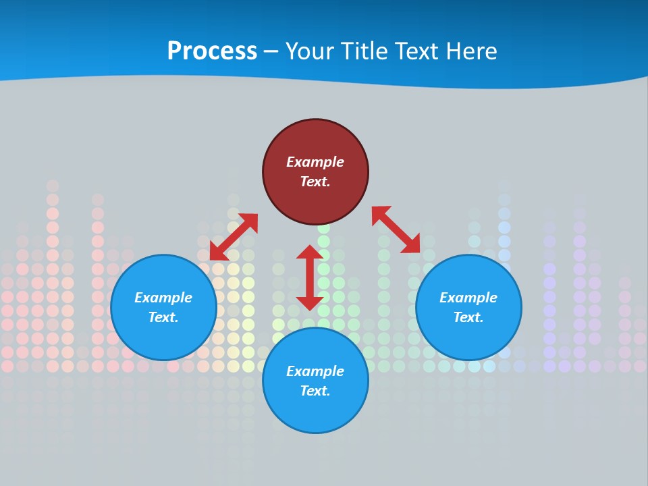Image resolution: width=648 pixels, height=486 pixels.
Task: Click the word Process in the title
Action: (212, 51)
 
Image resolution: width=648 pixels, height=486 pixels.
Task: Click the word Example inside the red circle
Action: (315, 162)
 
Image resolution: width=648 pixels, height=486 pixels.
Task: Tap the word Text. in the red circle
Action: (315, 182)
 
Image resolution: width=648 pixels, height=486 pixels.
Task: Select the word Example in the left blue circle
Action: (163, 298)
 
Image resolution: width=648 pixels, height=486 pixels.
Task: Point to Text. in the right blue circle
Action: (468, 317)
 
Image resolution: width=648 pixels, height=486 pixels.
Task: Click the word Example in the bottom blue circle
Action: (315, 371)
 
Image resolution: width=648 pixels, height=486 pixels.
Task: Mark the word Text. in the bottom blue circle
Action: (315, 391)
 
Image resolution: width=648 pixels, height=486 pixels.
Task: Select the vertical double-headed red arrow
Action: (310, 277)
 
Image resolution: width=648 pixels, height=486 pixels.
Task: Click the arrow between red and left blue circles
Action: (234, 237)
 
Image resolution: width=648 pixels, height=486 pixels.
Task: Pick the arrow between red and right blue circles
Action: (396, 230)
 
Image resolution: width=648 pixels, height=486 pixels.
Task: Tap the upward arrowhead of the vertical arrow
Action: (310, 252)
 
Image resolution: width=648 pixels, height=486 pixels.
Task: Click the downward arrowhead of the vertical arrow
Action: (310, 303)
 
